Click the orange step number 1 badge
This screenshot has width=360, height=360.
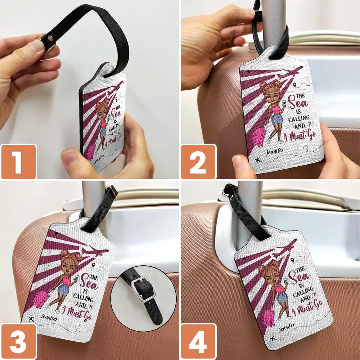[x=19, y=162]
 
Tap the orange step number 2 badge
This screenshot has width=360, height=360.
[x=199, y=162]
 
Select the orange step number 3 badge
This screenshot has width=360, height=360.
[x=19, y=341]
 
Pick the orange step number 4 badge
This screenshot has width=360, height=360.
[x=199, y=341]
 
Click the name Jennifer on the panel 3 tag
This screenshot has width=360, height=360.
[x=49, y=318]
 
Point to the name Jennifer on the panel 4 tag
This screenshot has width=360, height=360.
[x=287, y=328]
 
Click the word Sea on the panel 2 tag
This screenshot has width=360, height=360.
[x=298, y=103]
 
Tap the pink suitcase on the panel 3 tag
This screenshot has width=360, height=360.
[x=41, y=299]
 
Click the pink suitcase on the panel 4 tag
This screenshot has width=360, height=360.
[x=269, y=318]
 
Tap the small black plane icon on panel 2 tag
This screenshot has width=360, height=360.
[x=258, y=160]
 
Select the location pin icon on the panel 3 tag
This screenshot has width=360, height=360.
[x=94, y=265]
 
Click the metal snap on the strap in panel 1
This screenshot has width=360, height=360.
[x=50, y=38]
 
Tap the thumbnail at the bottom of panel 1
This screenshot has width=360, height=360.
[x=70, y=159]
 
